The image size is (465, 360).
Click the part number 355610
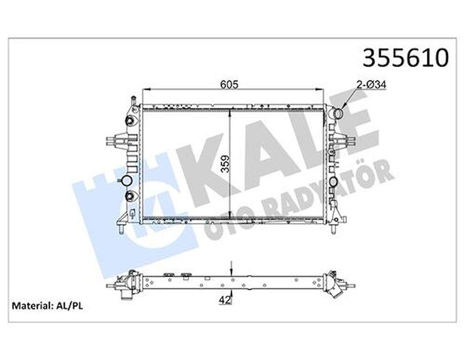coord(405,58)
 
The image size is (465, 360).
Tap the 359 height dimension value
coord(225,164)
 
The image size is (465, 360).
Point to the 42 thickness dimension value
coord(225,300)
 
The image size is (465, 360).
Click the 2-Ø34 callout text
coord(372,84)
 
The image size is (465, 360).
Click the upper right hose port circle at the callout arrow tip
coord(338,113)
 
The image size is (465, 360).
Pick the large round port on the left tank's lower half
coord(126,181)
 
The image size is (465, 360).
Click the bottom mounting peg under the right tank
coord(333,229)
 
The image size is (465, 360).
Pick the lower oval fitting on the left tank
coord(130,195)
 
